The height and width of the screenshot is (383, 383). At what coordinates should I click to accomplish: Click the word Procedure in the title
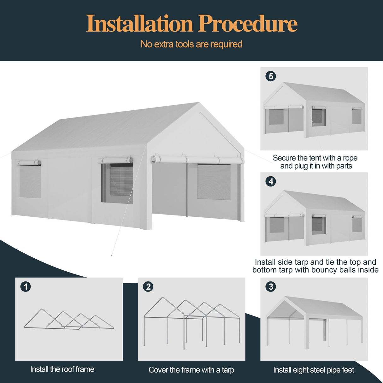[248, 24]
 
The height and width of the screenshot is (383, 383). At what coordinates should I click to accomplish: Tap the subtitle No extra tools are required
[191, 44]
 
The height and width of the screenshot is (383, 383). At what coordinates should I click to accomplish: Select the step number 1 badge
[26, 286]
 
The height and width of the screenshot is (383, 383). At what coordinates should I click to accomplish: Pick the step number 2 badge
[148, 286]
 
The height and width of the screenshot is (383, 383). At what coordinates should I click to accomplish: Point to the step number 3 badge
[271, 286]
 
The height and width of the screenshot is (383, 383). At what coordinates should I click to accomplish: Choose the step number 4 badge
[271, 181]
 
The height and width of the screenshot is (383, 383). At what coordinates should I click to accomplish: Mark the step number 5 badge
[271, 76]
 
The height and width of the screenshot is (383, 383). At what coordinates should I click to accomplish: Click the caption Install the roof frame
[62, 369]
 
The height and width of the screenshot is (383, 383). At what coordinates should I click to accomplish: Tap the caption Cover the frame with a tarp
[191, 370]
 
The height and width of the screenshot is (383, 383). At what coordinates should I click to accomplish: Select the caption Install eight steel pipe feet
[314, 370]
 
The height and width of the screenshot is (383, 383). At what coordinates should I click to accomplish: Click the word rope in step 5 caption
[350, 158]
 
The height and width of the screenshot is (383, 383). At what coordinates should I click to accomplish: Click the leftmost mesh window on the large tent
[30, 181]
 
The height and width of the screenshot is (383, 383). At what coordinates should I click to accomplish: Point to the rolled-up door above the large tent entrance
[197, 159]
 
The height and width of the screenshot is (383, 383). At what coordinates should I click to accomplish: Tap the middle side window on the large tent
[117, 183]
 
